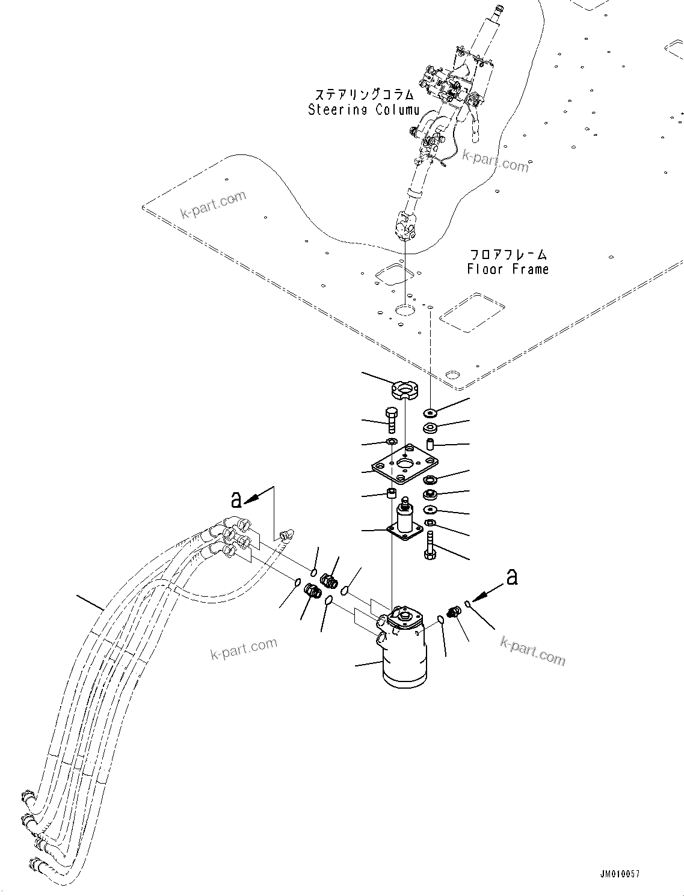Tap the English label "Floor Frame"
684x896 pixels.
click(508, 269)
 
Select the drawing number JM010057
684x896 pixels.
click(619, 874)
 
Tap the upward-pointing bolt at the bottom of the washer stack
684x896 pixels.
click(430, 546)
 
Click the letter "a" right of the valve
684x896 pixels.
click(511, 578)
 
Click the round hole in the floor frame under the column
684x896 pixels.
click(405, 310)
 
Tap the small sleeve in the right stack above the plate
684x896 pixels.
click(431, 445)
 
